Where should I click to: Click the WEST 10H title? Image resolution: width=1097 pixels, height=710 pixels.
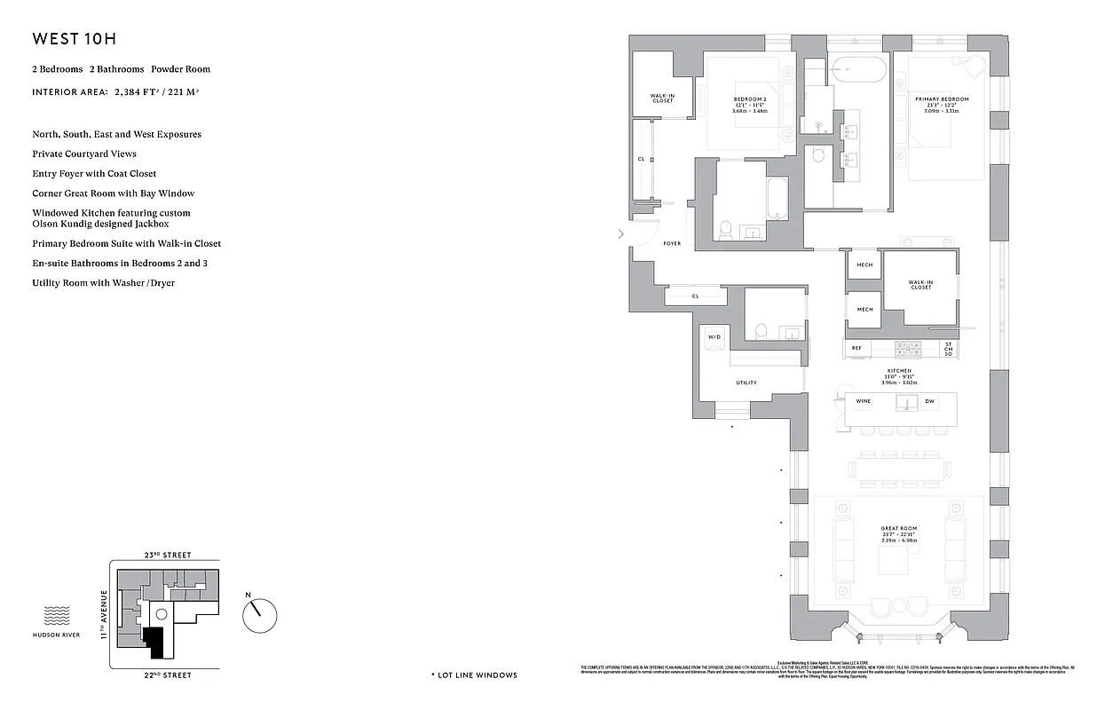click(x=75, y=39)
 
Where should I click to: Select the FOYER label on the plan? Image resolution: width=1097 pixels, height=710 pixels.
click(x=672, y=243)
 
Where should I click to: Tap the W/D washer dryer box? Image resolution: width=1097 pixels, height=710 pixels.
click(x=714, y=337)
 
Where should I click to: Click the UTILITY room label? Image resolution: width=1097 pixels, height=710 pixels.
click(x=746, y=383)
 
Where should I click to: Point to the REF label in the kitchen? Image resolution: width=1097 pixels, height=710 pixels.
click(x=856, y=348)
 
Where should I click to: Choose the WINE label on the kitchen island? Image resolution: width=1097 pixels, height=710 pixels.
click(x=863, y=401)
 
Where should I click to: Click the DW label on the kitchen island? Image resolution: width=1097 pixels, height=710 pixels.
click(x=929, y=401)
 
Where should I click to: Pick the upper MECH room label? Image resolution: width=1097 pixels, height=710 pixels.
click(x=864, y=264)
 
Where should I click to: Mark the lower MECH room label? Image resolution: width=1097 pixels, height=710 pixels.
click(x=864, y=309)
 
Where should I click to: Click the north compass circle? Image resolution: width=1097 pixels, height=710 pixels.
click(x=260, y=613)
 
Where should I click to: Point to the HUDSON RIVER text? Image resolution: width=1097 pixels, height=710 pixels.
click(x=56, y=635)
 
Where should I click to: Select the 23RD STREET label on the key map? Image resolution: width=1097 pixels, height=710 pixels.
click(x=167, y=555)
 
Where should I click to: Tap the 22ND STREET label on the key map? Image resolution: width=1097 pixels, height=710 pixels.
click(x=167, y=675)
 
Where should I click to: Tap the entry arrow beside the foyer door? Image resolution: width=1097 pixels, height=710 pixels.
click(x=621, y=234)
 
